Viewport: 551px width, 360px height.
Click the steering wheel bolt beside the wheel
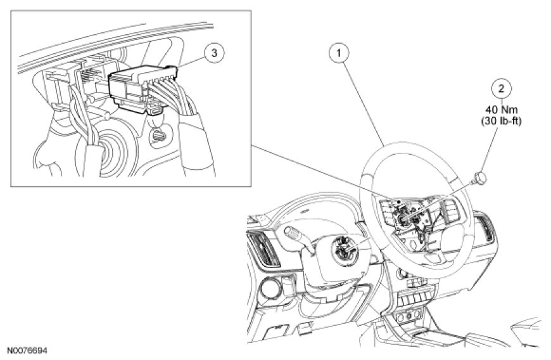479,175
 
